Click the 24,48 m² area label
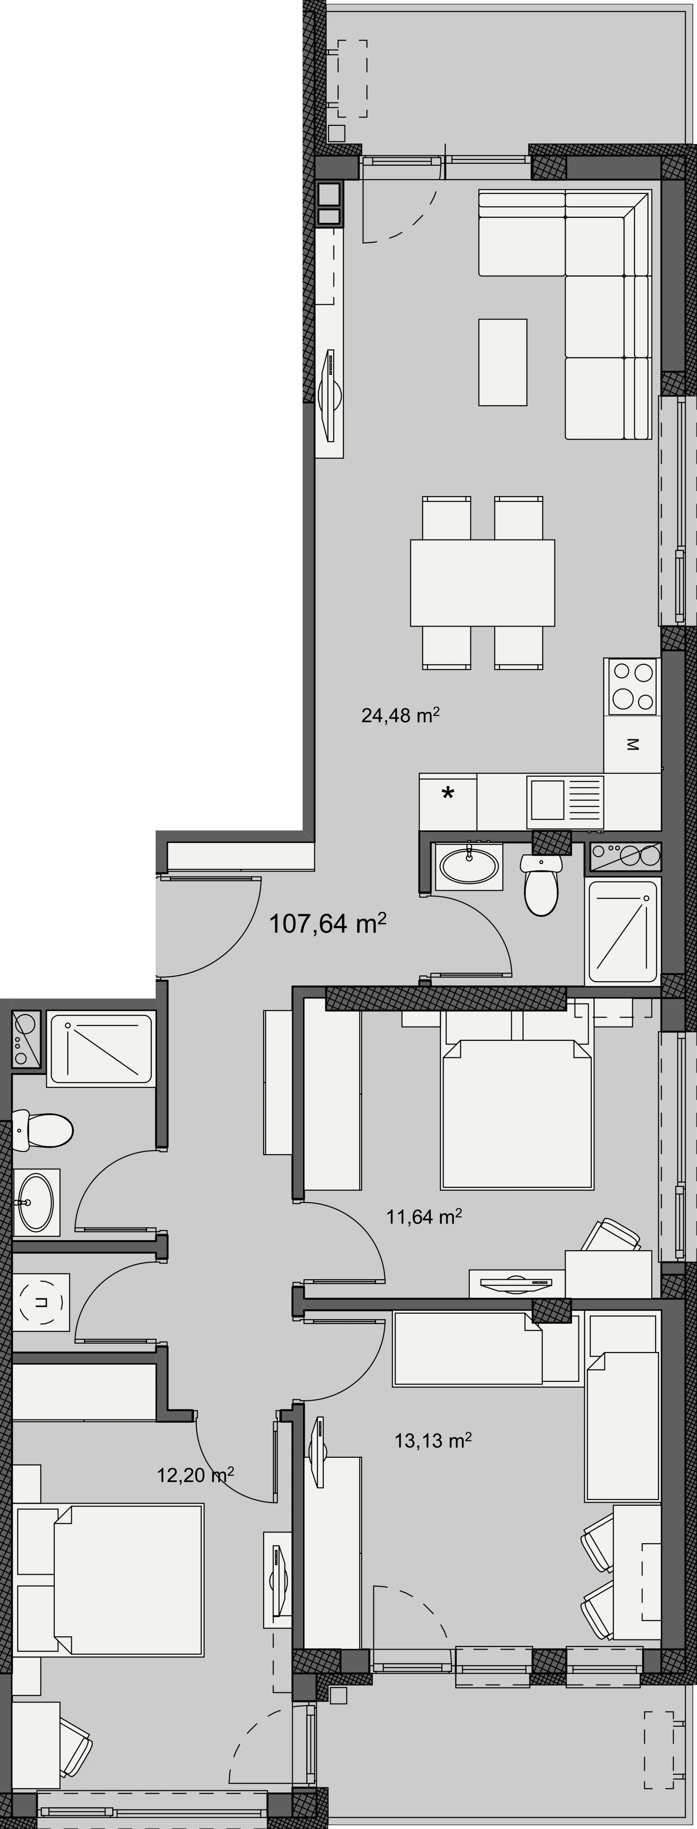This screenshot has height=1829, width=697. tap(400, 715)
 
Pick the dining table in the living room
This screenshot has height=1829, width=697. tap(482, 583)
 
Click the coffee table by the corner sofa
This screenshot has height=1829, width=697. tap(503, 362)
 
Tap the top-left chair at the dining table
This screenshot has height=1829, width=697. tap(446, 518)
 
